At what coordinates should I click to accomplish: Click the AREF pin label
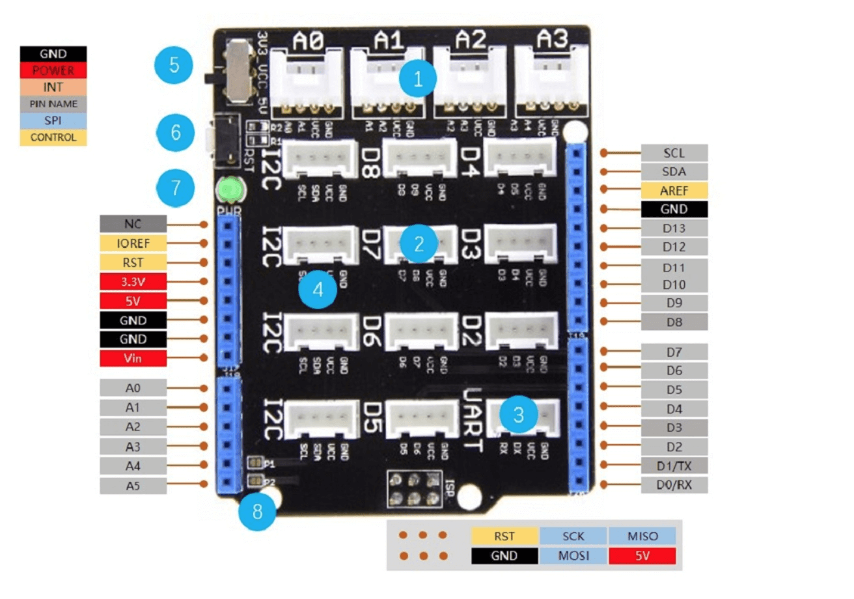[674, 190]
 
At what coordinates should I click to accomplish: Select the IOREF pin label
[133, 244]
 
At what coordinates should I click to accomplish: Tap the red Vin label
[133, 358]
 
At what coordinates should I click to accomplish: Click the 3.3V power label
[133, 281]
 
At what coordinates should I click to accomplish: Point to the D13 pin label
[674, 228]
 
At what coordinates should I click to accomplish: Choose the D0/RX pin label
[674, 484]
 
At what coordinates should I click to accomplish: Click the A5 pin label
[133, 485]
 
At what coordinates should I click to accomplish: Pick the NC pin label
[133, 224]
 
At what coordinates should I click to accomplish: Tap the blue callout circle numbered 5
[173, 65]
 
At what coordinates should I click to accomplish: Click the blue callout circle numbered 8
[257, 512]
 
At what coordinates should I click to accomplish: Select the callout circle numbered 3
[518, 414]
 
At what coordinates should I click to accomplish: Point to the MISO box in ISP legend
[642, 536]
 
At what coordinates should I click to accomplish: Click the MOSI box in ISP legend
[573, 555]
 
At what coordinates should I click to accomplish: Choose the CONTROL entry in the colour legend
[53, 137]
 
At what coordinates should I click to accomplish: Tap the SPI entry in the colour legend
[53, 120]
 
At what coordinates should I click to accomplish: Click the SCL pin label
[674, 153]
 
